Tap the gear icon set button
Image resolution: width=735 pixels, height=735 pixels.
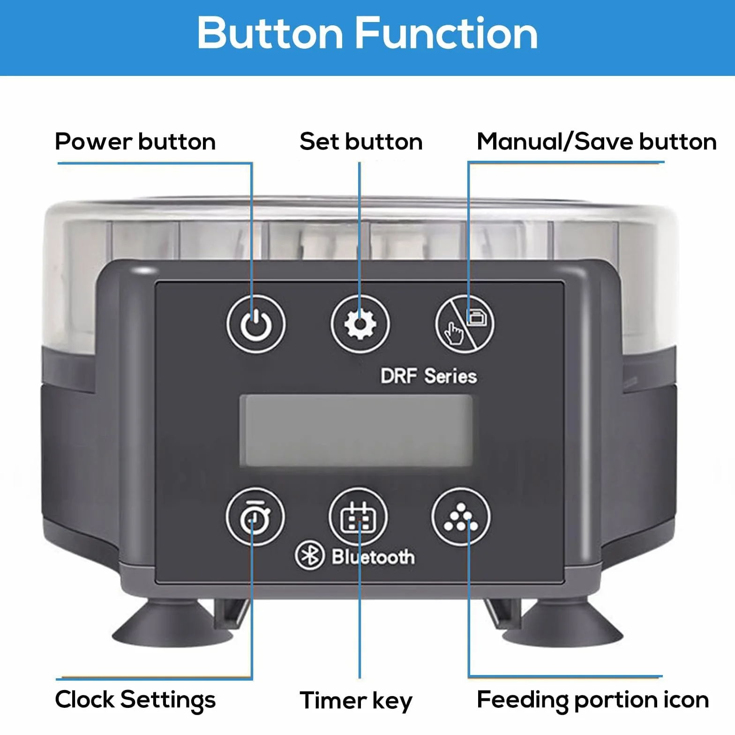[360, 324]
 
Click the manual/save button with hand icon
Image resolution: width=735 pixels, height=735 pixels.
[465, 324]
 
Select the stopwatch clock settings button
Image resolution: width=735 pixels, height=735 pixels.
[255, 517]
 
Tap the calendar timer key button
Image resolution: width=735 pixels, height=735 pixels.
[359, 517]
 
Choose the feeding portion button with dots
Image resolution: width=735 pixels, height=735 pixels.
[461, 517]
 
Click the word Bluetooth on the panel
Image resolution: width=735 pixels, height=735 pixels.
[374, 557]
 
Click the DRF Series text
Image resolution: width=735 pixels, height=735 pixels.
[428, 376]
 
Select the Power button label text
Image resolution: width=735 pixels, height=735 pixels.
[135, 142]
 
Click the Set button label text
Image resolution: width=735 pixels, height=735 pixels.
[361, 142]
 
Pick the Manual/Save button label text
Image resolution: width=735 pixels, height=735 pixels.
[597, 142]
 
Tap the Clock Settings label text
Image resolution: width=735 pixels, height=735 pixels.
[135, 700]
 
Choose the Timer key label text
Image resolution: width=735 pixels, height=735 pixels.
[356, 701]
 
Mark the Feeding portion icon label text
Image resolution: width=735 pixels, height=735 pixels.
[593, 700]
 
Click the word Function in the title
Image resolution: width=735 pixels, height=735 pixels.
[446, 33]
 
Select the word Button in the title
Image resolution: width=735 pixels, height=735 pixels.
[270, 33]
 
